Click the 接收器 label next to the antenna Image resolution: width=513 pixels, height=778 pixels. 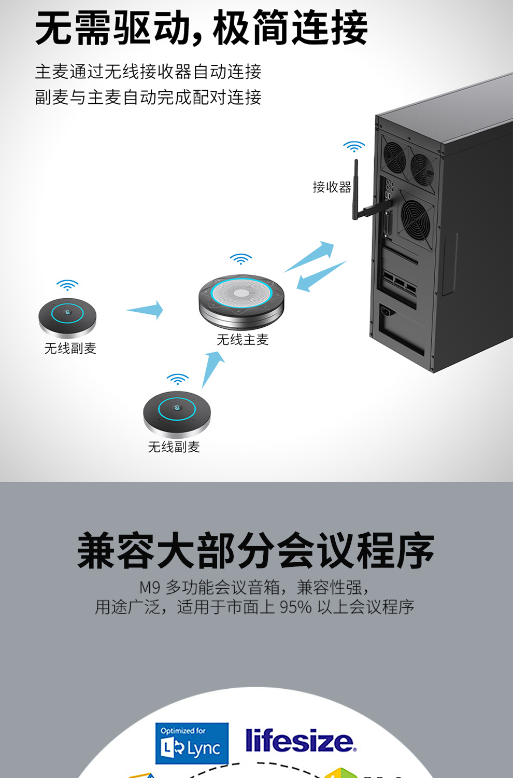click(332, 187)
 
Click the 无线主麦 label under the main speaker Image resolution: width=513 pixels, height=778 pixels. click(243, 339)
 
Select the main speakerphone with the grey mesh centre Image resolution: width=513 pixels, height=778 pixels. click(241, 302)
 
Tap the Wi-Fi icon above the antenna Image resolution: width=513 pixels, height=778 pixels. click(354, 146)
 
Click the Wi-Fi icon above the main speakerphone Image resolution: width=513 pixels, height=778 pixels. click(240, 259)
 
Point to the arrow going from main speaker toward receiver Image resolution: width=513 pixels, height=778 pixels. click(309, 256)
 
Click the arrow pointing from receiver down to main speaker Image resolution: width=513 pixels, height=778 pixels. click(321, 276)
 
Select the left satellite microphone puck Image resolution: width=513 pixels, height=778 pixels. click(67, 317)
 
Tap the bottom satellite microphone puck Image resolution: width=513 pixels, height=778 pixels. click(177, 414)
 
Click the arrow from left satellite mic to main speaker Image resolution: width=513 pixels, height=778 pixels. click(145, 310)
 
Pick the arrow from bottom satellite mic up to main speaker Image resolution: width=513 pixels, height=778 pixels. click(213, 369)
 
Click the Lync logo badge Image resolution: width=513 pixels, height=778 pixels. click(192, 744)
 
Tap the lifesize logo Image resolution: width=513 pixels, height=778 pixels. click(301, 741)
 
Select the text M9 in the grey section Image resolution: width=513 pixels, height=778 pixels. click(150, 587)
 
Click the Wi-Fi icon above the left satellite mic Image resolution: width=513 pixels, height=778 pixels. click(67, 285)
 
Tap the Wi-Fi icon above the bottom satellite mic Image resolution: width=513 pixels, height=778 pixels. click(177, 379)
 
